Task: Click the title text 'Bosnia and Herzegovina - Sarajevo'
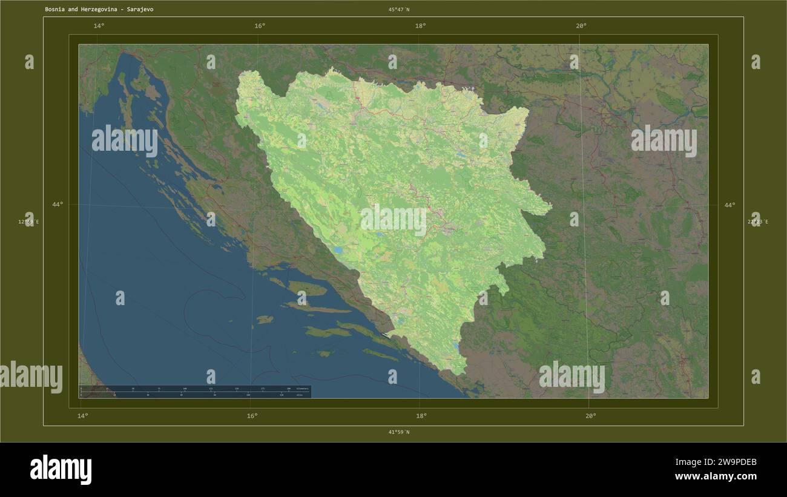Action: [x=99, y=10]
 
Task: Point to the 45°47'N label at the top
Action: [x=398, y=10]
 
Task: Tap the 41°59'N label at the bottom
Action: [x=398, y=432]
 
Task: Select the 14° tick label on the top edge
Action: [x=99, y=25]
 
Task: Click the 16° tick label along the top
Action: [x=260, y=25]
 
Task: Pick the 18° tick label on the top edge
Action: [x=420, y=25]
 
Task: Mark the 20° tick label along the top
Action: [x=581, y=25]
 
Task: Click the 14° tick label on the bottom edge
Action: [x=83, y=416]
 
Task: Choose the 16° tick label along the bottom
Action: [x=252, y=416]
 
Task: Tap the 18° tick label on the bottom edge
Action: [x=421, y=416]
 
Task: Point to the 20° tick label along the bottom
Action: [x=590, y=416]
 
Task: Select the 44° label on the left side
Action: [x=57, y=205]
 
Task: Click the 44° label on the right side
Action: [x=730, y=205]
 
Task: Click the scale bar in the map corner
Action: [x=195, y=392]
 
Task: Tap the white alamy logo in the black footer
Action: [x=61, y=470]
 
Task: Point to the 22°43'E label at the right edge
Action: [x=757, y=222]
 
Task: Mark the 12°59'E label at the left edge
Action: [x=28, y=222]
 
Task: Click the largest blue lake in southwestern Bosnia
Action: [x=339, y=249]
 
